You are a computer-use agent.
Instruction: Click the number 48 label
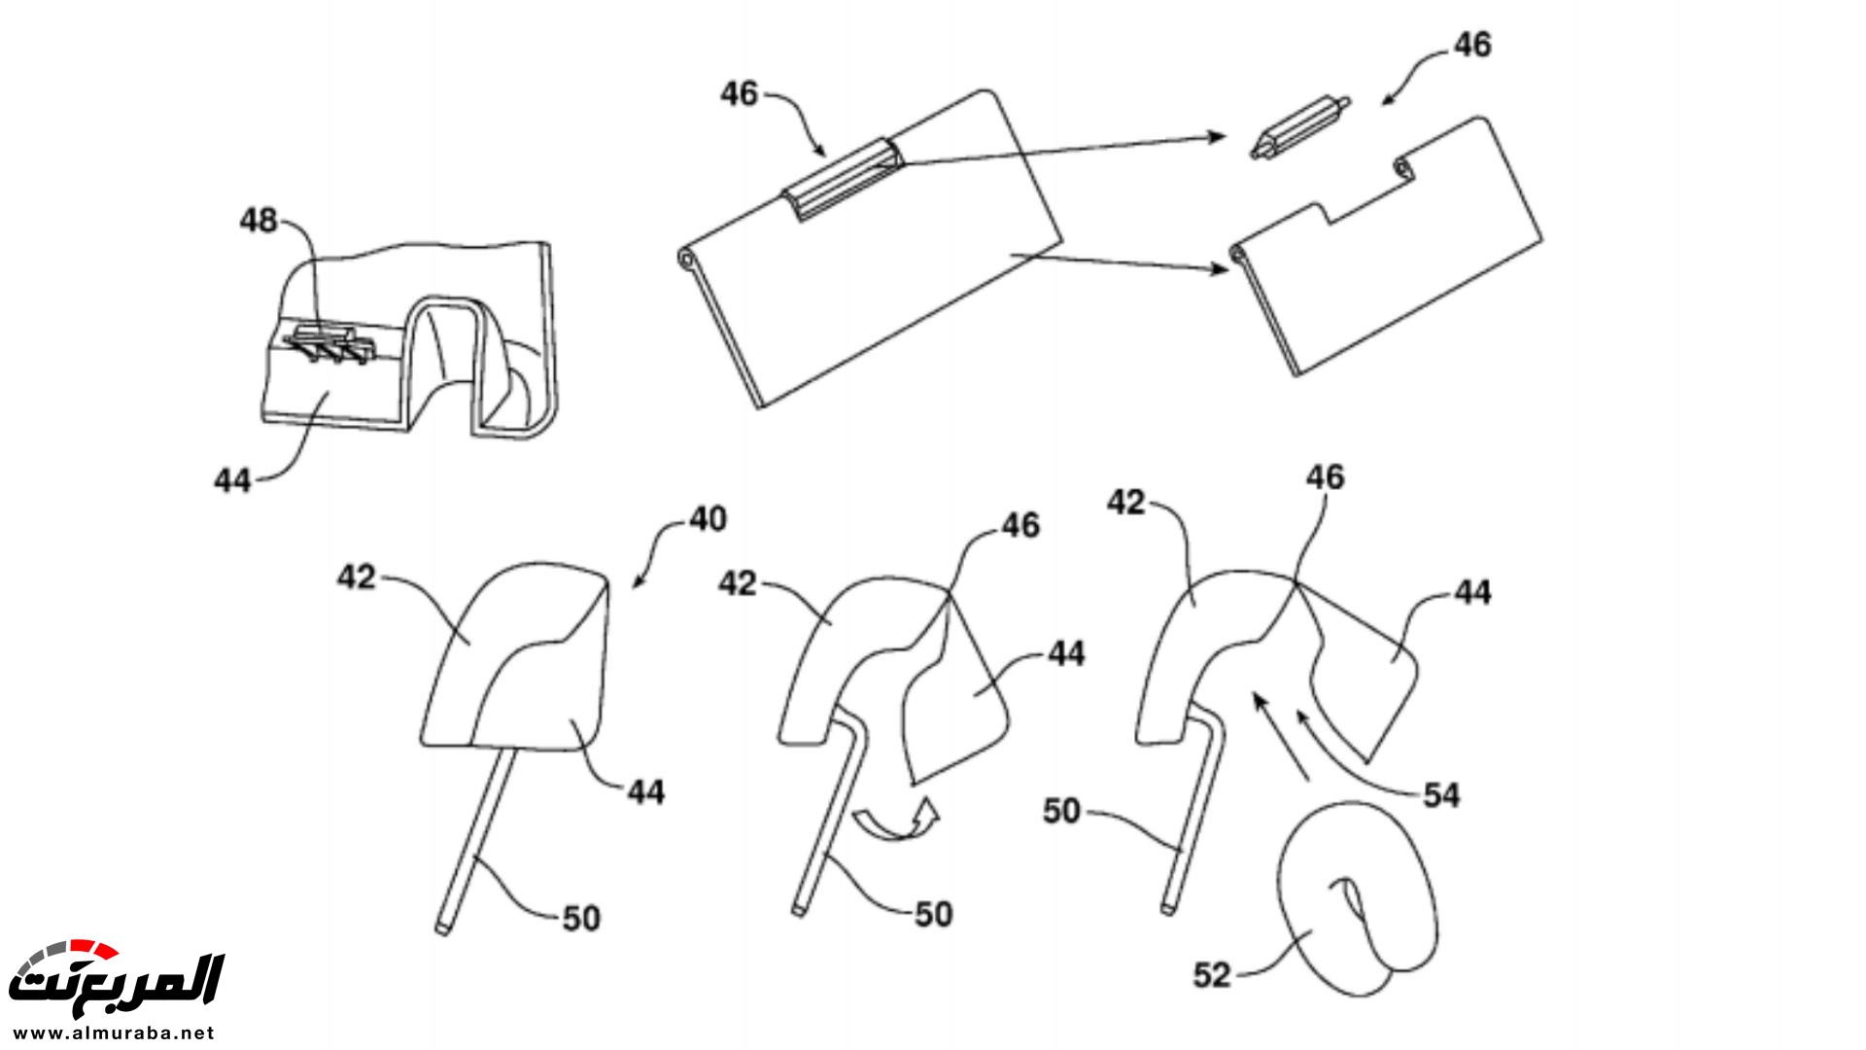259,221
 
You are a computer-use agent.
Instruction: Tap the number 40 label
708,519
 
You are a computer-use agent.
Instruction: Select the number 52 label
1212,975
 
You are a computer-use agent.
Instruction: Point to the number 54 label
1441,795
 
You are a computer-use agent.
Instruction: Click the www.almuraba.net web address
115,1032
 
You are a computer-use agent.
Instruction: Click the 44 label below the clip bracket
233,480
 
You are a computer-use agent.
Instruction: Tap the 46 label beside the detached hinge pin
1472,45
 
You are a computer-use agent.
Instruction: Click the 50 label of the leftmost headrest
581,918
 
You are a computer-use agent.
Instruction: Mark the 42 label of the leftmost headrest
356,577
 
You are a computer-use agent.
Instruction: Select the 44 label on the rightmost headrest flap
1472,592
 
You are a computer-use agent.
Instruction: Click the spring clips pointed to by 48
328,344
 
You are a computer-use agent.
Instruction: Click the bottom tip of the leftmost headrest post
441,930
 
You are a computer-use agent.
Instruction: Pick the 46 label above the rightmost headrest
1326,476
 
